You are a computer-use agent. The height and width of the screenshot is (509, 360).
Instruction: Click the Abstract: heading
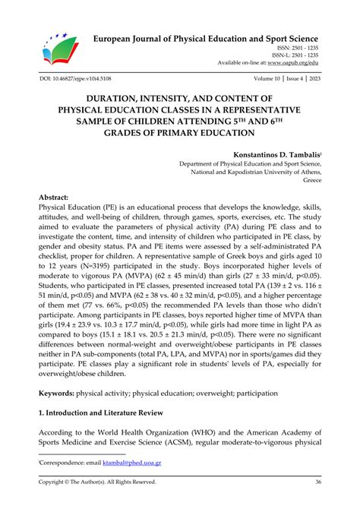[59, 198]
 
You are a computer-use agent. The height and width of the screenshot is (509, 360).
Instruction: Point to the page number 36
[316, 482]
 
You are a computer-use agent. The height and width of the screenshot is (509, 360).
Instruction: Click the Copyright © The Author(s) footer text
[98, 482]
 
